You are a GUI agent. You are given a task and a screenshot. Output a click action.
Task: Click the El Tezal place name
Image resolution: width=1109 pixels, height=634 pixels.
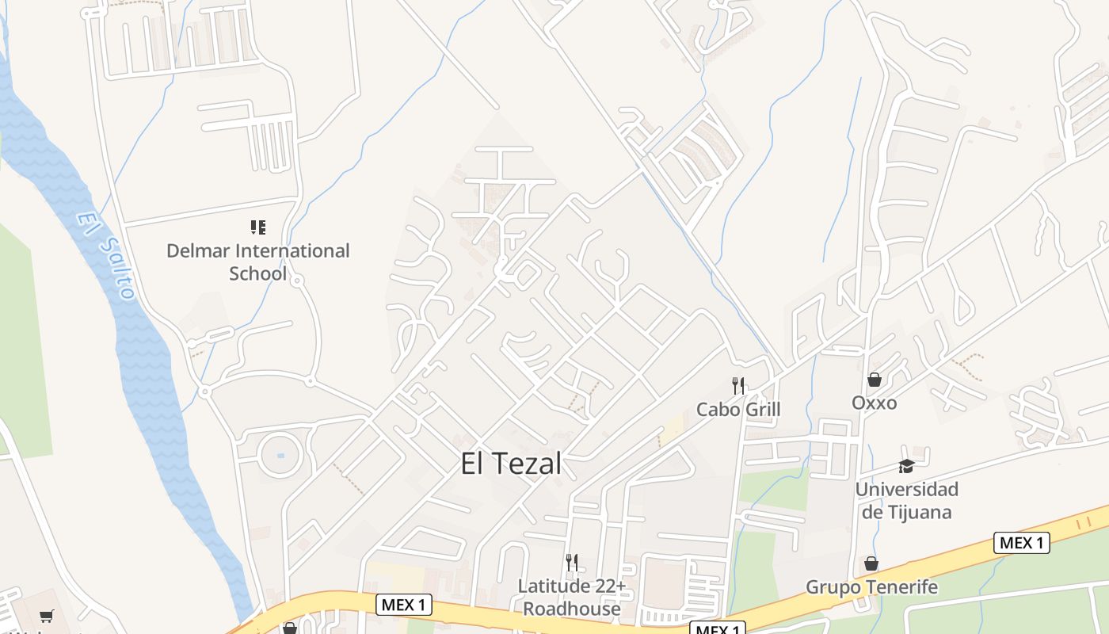click(511, 464)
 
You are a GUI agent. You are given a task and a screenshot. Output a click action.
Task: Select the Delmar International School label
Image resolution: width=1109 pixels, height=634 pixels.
click(257, 262)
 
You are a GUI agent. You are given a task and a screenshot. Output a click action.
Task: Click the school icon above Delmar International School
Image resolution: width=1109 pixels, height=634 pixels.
click(257, 228)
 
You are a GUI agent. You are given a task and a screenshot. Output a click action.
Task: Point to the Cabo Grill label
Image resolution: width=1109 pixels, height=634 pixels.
click(737, 409)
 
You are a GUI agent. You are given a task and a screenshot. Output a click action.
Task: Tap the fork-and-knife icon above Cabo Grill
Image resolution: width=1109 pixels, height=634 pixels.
click(737, 386)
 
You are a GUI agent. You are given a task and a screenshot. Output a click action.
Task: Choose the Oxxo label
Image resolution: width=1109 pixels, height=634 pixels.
click(874, 403)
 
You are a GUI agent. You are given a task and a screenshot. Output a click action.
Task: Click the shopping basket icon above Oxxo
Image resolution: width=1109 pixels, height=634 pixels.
click(874, 380)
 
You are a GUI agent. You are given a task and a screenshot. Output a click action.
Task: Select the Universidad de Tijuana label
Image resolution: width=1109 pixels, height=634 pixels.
click(906, 500)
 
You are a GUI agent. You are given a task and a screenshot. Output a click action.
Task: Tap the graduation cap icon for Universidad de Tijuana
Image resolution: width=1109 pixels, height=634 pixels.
click(906, 466)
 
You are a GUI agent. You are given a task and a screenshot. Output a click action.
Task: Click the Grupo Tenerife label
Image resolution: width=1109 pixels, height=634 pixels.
click(871, 587)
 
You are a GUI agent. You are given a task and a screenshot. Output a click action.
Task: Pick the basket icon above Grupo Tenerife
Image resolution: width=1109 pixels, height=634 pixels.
click(871, 563)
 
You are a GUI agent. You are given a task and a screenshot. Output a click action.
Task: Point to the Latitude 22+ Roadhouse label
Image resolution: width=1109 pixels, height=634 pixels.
click(571, 598)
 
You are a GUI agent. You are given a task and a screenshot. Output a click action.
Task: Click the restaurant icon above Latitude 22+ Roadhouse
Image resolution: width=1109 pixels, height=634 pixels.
click(571, 563)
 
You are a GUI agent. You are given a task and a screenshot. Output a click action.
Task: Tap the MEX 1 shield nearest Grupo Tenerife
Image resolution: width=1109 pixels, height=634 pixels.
click(1021, 543)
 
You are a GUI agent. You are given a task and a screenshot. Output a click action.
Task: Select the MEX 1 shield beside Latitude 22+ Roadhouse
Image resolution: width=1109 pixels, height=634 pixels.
click(403, 605)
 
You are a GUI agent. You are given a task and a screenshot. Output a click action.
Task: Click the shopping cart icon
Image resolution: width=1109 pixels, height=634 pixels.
click(47, 616)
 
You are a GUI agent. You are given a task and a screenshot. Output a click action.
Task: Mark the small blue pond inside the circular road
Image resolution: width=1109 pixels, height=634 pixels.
click(280, 456)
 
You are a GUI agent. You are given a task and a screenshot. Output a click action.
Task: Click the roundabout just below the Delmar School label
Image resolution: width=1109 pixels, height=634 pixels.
click(297, 280)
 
